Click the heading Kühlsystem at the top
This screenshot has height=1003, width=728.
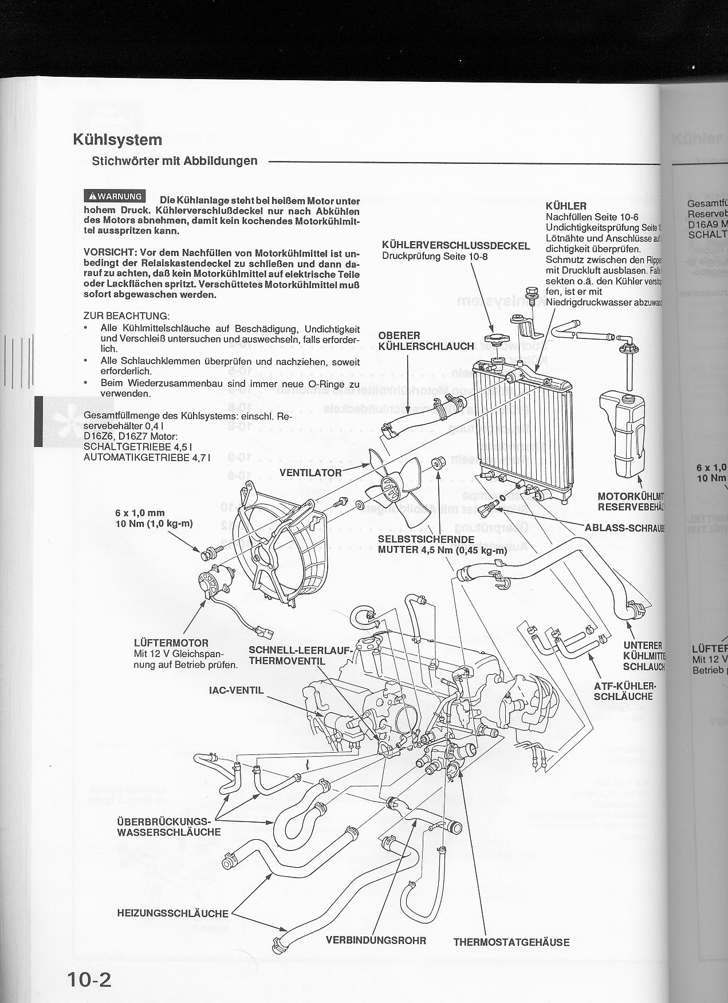click(x=117, y=140)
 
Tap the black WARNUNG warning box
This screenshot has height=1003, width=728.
click(x=115, y=196)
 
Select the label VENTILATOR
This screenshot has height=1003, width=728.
click(x=310, y=473)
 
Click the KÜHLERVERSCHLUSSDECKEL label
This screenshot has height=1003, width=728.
click(x=456, y=246)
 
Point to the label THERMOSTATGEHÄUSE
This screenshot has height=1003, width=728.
click(x=511, y=941)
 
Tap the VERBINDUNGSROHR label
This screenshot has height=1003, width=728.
click(x=376, y=940)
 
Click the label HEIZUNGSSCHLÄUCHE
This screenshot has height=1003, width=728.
click(x=173, y=914)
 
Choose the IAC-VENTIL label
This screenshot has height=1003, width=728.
click(x=236, y=690)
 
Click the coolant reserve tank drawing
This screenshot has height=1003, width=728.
click(x=623, y=432)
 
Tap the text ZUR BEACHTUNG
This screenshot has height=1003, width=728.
click(x=126, y=316)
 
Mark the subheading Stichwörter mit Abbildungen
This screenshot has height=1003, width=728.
click(x=175, y=161)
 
